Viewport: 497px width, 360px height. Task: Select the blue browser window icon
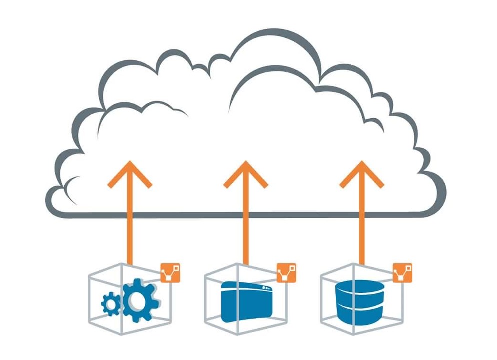[x=246, y=301]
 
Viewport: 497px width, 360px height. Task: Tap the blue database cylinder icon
[x=361, y=301]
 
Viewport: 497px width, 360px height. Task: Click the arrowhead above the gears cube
[x=130, y=172]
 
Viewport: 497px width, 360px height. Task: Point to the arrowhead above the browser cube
[x=245, y=172]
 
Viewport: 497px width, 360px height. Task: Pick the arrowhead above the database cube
[x=361, y=172]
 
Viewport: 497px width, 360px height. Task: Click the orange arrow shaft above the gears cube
[x=130, y=225]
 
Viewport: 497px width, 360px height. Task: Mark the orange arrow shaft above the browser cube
[x=245, y=225]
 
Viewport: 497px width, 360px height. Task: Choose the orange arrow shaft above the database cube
[x=361, y=225]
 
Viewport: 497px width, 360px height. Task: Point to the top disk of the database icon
[x=361, y=287]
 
